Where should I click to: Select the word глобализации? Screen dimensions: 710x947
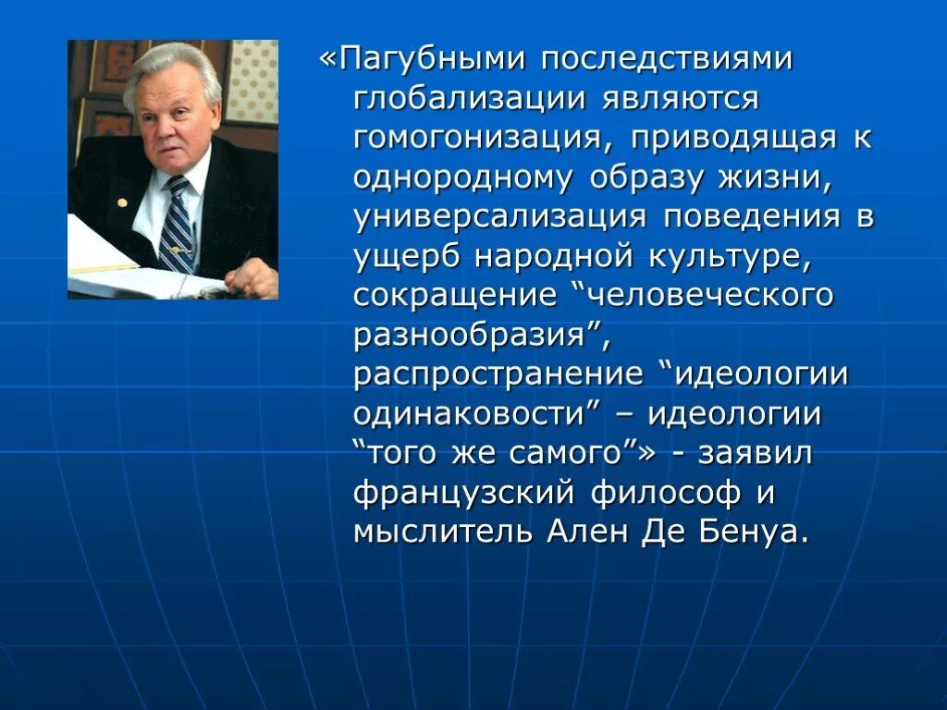point(467,99)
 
